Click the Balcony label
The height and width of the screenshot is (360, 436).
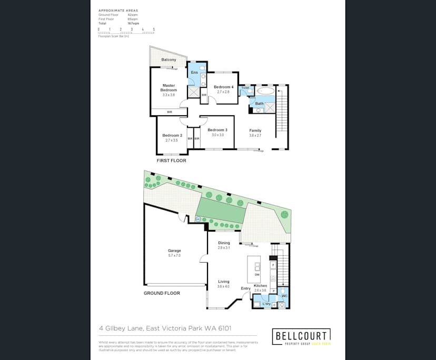pos(169,60)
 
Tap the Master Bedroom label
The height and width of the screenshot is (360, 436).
pos(169,87)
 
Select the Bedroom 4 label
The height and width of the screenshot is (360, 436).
pos(223,87)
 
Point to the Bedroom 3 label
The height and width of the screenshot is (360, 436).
pos(217,130)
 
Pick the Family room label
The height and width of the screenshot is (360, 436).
pos(255,131)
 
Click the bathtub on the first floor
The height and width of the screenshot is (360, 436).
pos(266,91)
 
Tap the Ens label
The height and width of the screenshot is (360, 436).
pos(194,72)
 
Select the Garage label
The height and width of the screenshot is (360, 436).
pos(174,251)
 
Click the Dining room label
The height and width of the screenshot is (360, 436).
pos(224,243)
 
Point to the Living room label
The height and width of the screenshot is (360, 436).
pos(224,282)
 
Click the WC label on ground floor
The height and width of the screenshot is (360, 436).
pos(284,296)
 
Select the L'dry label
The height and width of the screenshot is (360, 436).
pos(266,304)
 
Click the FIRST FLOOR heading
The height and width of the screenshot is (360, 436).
pos(171,160)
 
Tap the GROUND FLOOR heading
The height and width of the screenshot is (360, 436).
pos(162,293)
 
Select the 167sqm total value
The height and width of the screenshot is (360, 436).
pos(133,24)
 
